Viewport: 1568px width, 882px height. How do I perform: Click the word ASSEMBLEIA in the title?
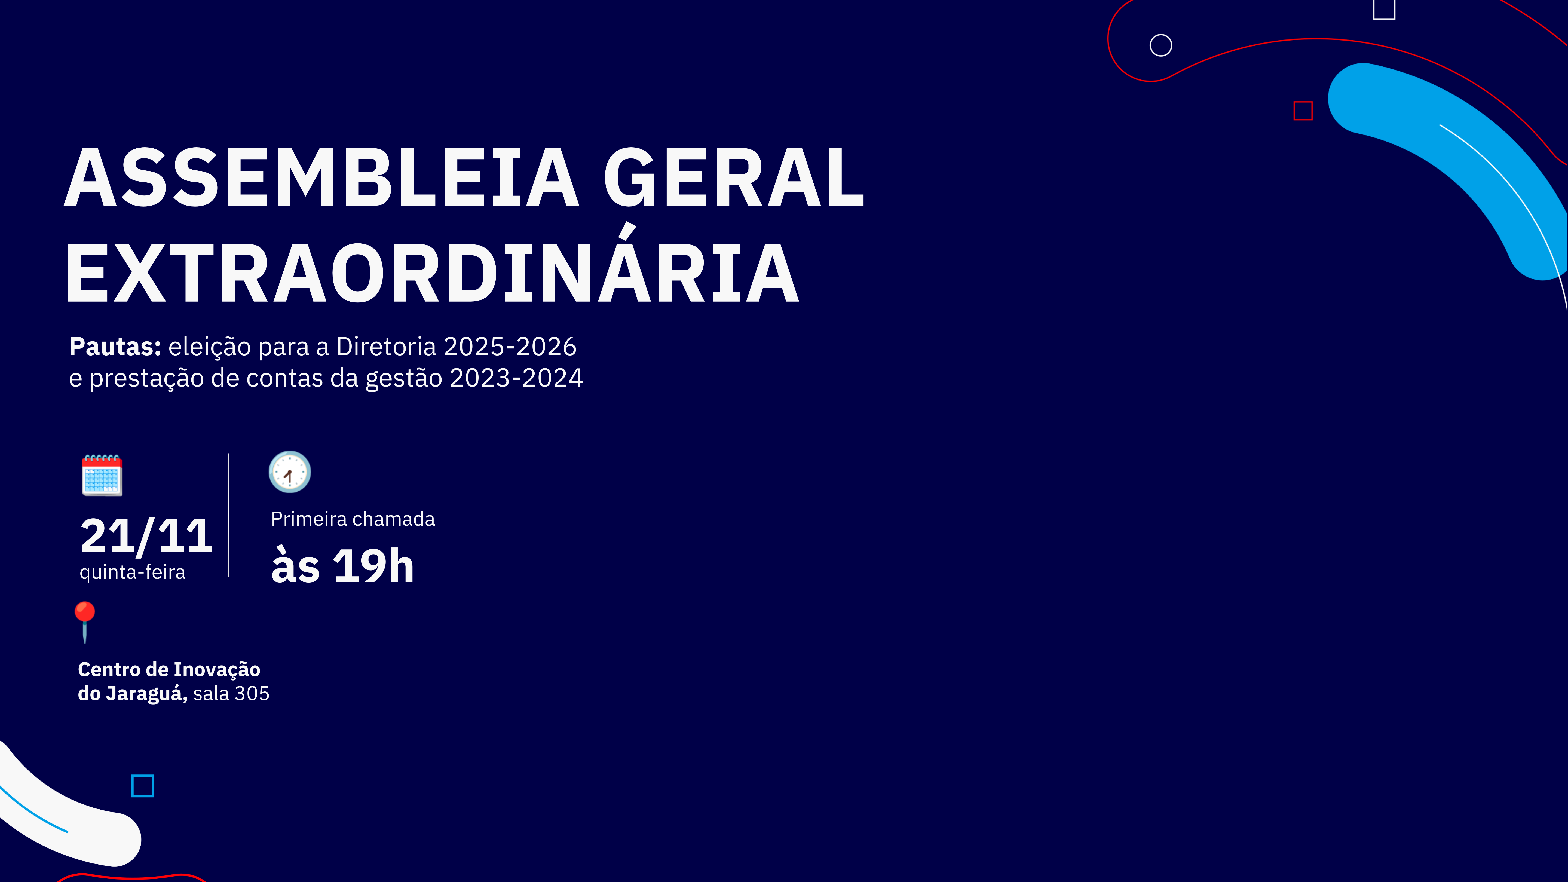321,177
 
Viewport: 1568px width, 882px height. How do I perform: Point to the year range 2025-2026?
510,346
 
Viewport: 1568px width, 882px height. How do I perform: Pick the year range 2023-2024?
516,378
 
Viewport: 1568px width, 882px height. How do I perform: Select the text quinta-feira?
133,572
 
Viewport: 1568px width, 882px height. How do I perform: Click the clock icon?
290,472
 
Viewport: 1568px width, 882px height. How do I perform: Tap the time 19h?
374,566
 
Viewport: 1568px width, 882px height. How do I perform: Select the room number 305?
252,693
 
